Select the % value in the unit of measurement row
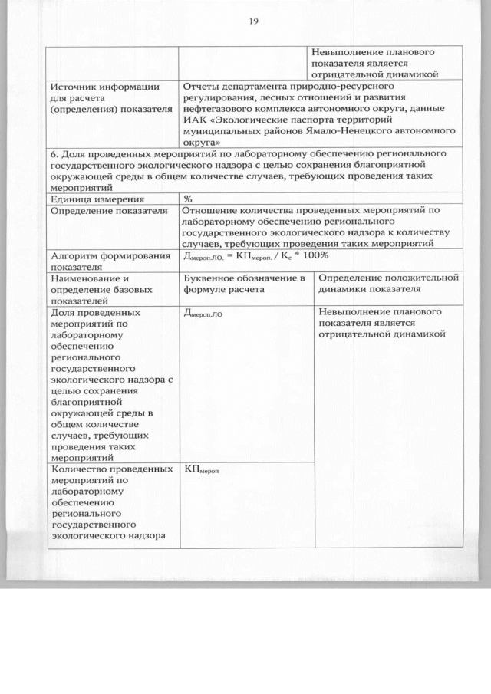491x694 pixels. pos(188,198)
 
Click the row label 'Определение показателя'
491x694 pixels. pos(108,209)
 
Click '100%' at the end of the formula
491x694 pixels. pos(312,255)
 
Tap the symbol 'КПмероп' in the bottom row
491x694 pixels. pos(203,469)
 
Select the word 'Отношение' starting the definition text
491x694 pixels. pos(211,209)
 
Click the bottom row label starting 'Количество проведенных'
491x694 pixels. pos(107,469)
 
